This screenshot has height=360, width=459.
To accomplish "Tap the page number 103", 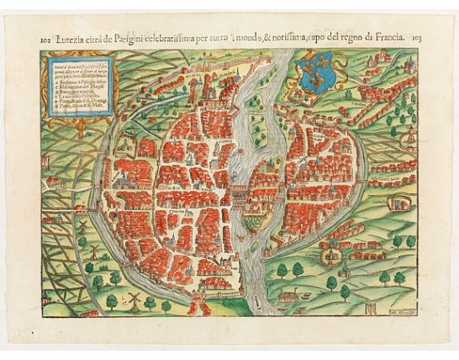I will pos(418,38).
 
